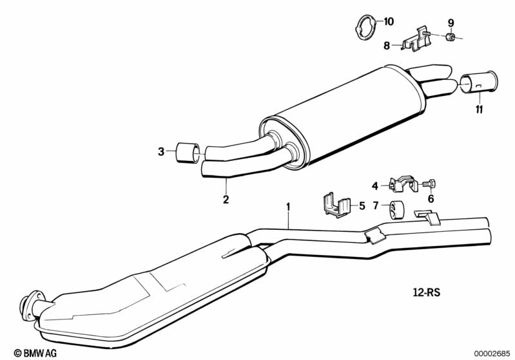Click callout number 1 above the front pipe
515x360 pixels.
289,207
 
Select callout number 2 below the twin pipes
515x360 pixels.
226,200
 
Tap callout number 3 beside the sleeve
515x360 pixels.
161,152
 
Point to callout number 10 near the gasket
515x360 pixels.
388,21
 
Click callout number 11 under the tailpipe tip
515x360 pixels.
479,110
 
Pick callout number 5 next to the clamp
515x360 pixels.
362,206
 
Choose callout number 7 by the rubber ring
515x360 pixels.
375,206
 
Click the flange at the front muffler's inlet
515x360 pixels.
29,304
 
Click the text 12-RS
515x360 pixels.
426,291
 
